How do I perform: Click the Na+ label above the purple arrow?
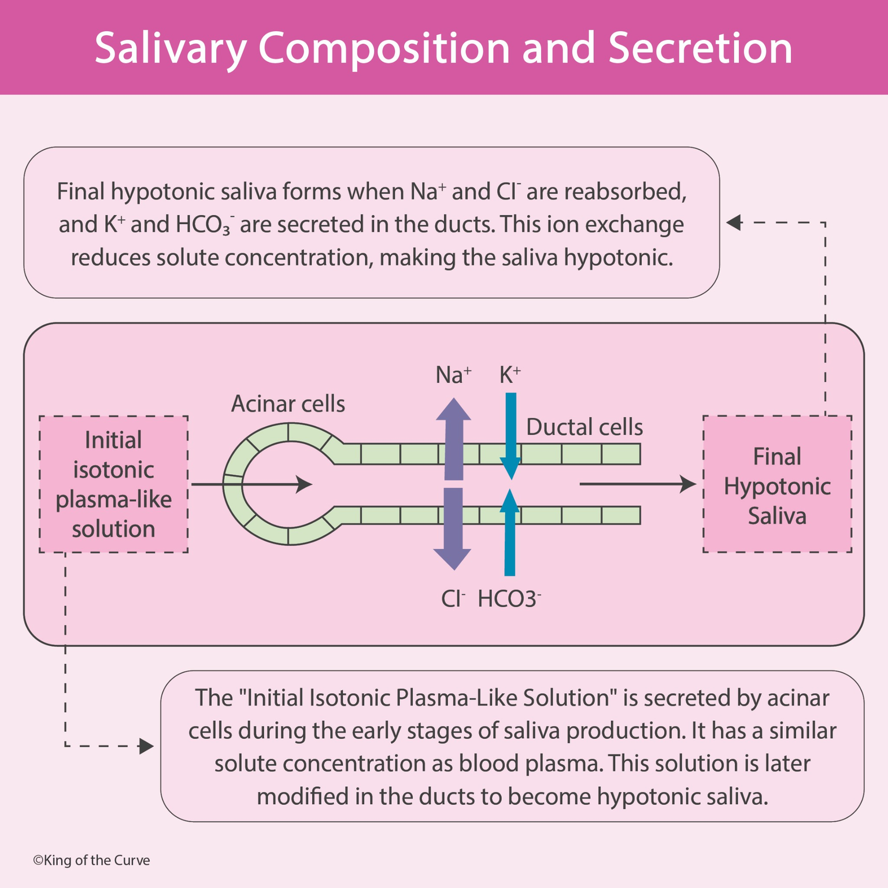click(x=453, y=375)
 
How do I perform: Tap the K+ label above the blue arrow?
click(x=510, y=375)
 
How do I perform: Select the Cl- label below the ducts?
click(x=453, y=599)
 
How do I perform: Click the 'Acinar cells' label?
click(x=288, y=404)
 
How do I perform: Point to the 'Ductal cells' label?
click(x=584, y=427)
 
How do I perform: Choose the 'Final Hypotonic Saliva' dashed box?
click(x=777, y=484)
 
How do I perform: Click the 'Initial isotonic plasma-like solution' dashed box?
click(x=113, y=484)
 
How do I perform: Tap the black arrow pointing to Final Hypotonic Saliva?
click(x=637, y=484)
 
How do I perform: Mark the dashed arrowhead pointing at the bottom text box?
click(x=146, y=746)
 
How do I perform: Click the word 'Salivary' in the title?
click(x=171, y=49)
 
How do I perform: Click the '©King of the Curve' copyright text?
click(x=91, y=860)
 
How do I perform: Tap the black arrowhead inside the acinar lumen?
click(x=304, y=484)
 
